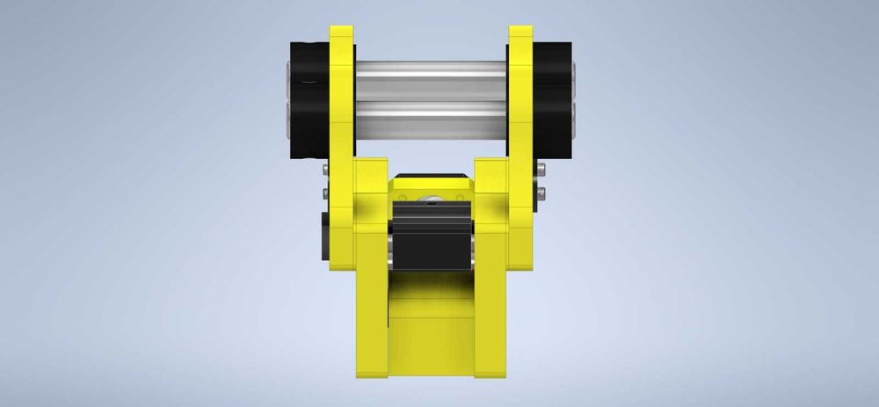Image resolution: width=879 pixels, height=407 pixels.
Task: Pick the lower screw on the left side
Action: tap(325, 193)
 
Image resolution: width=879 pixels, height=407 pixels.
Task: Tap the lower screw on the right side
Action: tap(540, 193)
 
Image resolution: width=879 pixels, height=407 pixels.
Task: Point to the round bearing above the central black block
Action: tap(431, 200)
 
